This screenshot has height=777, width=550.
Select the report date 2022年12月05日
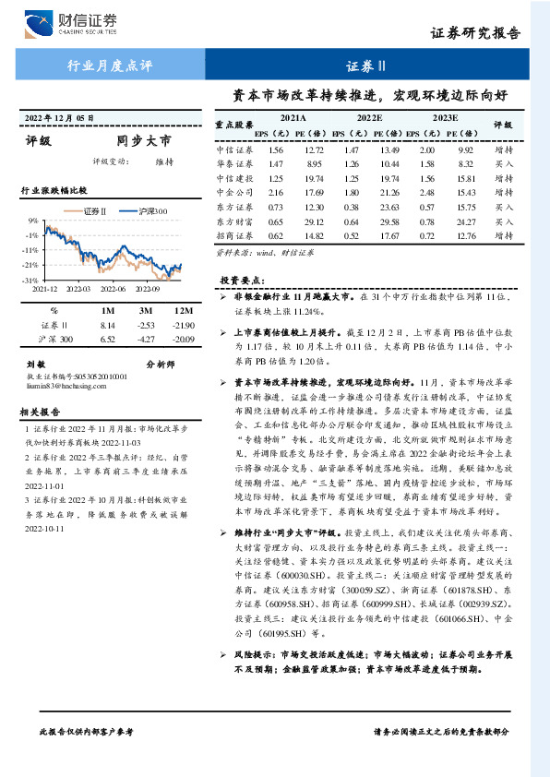(x=58, y=117)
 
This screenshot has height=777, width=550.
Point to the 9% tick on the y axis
(x=32, y=221)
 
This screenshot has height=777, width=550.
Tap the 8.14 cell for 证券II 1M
(x=106, y=325)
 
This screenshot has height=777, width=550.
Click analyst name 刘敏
(x=35, y=365)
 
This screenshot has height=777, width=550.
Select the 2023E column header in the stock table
(x=445, y=118)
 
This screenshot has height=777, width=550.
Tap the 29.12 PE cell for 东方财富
(x=314, y=221)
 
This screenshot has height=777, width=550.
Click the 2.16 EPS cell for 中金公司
(x=275, y=192)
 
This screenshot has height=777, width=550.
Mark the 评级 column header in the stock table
(x=503, y=124)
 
